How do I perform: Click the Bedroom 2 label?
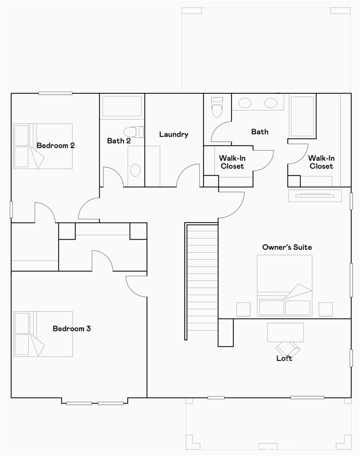click(56, 146)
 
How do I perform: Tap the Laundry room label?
click(174, 134)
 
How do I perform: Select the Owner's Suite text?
click(287, 247)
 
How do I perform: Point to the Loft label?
click(284, 358)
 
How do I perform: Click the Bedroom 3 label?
click(72, 328)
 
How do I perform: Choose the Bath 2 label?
click(119, 141)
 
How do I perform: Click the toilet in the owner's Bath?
click(216, 107)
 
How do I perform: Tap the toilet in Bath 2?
click(134, 131)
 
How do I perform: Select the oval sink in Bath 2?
click(135, 170)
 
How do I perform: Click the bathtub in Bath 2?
click(122, 106)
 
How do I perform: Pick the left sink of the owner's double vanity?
click(245, 103)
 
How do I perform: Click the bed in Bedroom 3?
click(43, 334)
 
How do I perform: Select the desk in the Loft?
click(285, 332)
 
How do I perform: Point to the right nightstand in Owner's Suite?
click(326, 309)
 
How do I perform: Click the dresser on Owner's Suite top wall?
click(315, 195)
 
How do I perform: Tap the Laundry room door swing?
click(188, 176)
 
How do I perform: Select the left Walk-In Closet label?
click(232, 162)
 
